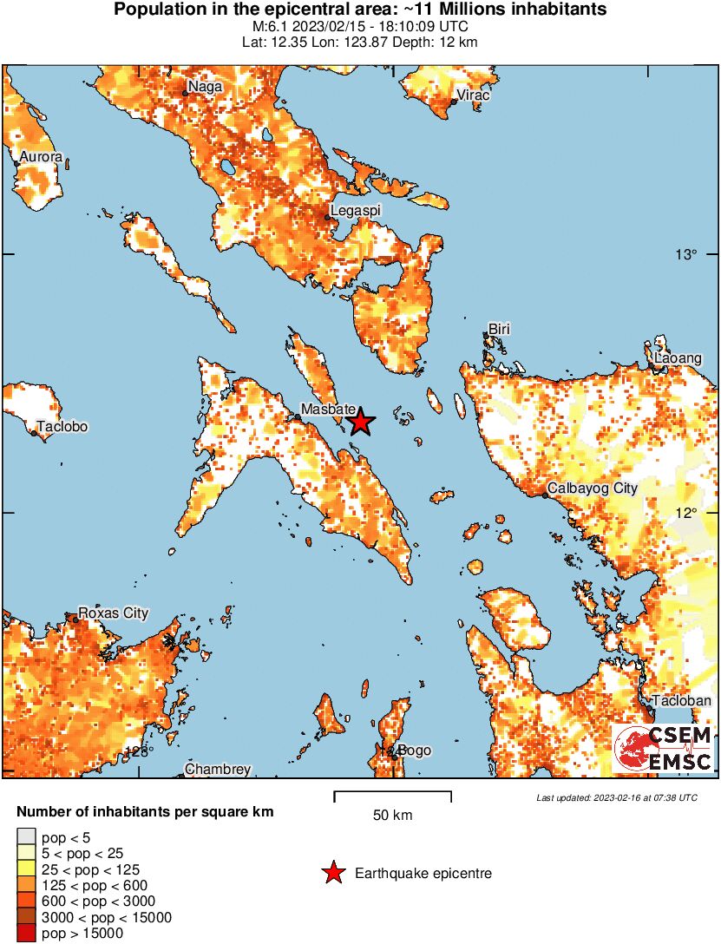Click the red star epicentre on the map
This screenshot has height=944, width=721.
pos(360,423)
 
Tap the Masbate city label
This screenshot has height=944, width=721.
pos(328,409)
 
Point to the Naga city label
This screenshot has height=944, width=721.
pos(205,87)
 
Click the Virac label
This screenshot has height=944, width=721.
pos(473,95)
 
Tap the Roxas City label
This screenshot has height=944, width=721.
pos(114,613)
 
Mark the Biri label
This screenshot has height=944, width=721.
pos(499,330)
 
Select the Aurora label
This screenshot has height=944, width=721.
pos(42,157)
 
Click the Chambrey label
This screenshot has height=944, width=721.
pos(218,770)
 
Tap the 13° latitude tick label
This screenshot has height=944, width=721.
pos(687,254)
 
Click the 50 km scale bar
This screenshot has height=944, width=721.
pos(392,793)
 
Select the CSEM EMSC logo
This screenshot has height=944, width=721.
pos(664,748)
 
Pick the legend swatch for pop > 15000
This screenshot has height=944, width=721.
pos(25,934)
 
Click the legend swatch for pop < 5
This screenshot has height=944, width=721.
pos(25,837)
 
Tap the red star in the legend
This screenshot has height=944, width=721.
pos(332,874)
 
